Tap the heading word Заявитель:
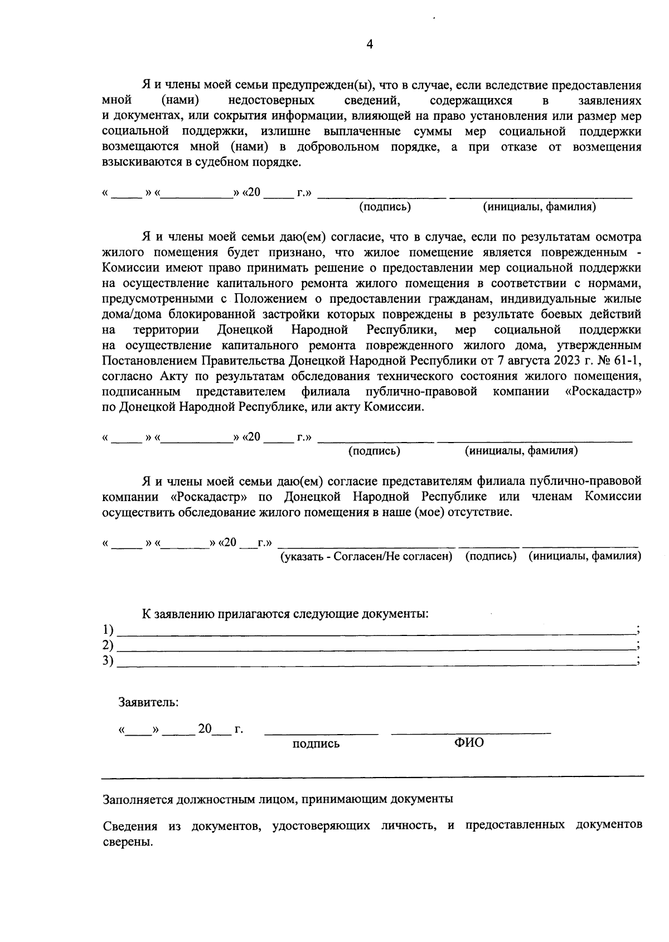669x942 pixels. [148, 702]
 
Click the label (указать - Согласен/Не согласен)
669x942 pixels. [366, 556]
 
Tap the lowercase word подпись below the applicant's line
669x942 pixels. [316, 744]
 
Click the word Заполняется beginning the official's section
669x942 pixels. [138, 799]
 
